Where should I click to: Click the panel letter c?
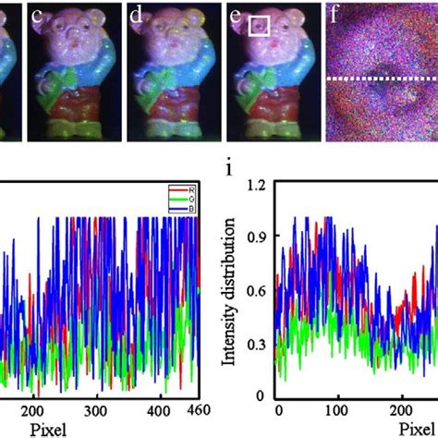(36, 16)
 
